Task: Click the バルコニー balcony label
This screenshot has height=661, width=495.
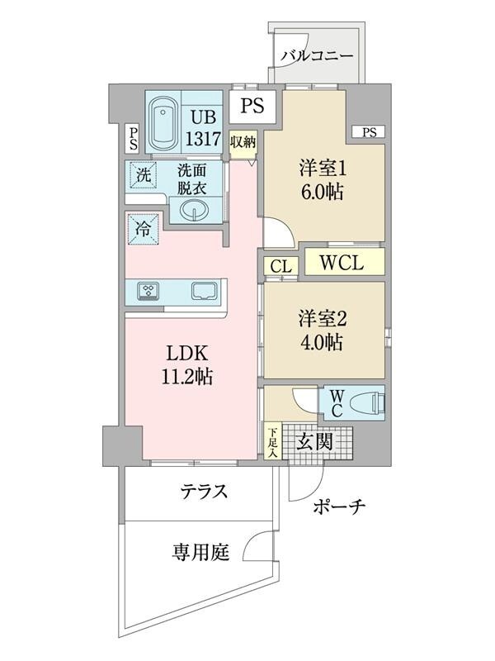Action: pyautogui.click(x=317, y=56)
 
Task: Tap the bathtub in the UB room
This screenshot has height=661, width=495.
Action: pyautogui.click(x=164, y=122)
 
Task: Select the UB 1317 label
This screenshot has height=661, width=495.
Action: pyautogui.click(x=202, y=128)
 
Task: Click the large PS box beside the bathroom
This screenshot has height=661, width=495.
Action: pyautogui.click(x=252, y=105)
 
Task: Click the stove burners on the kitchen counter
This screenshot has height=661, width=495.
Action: pyautogui.click(x=149, y=291)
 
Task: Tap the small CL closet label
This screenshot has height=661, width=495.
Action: pyautogui.click(x=280, y=266)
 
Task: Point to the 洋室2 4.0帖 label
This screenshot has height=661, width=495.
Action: pyautogui.click(x=321, y=330)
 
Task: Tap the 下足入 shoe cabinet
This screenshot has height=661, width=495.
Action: pyautogui.click(x=272, y=440)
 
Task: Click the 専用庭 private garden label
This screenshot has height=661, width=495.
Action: pyautogui.click(x=200, y=551)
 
